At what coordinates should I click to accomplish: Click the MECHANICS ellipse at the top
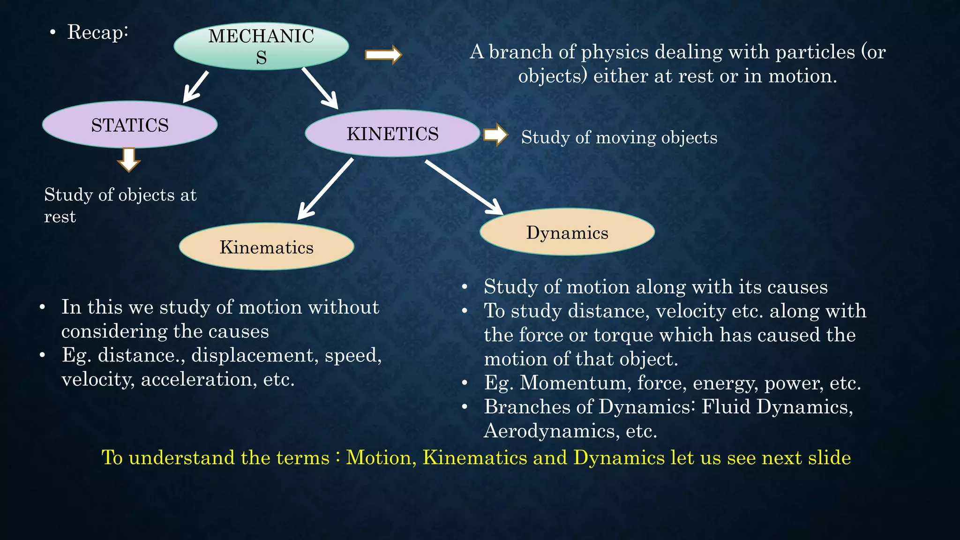coord(261,46)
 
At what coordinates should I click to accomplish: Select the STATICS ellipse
coord(130,125)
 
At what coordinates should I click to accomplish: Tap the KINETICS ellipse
coord(392,134)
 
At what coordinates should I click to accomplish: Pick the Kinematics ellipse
coord(266,247)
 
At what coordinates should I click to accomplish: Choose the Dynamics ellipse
coord(567,232)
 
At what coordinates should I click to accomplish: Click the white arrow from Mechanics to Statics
coord(195,87)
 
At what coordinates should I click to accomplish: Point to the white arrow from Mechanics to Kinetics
coord(320,88)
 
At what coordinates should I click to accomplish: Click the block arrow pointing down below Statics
coord(129,160)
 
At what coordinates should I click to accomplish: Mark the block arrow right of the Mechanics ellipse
coord(383,55)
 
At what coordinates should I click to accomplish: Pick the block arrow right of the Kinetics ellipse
coord(495,135)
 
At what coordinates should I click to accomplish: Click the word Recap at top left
coord(97,32)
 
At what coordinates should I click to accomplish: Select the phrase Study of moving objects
coord(619,137)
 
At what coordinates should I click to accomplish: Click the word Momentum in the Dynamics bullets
coord(573,383)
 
